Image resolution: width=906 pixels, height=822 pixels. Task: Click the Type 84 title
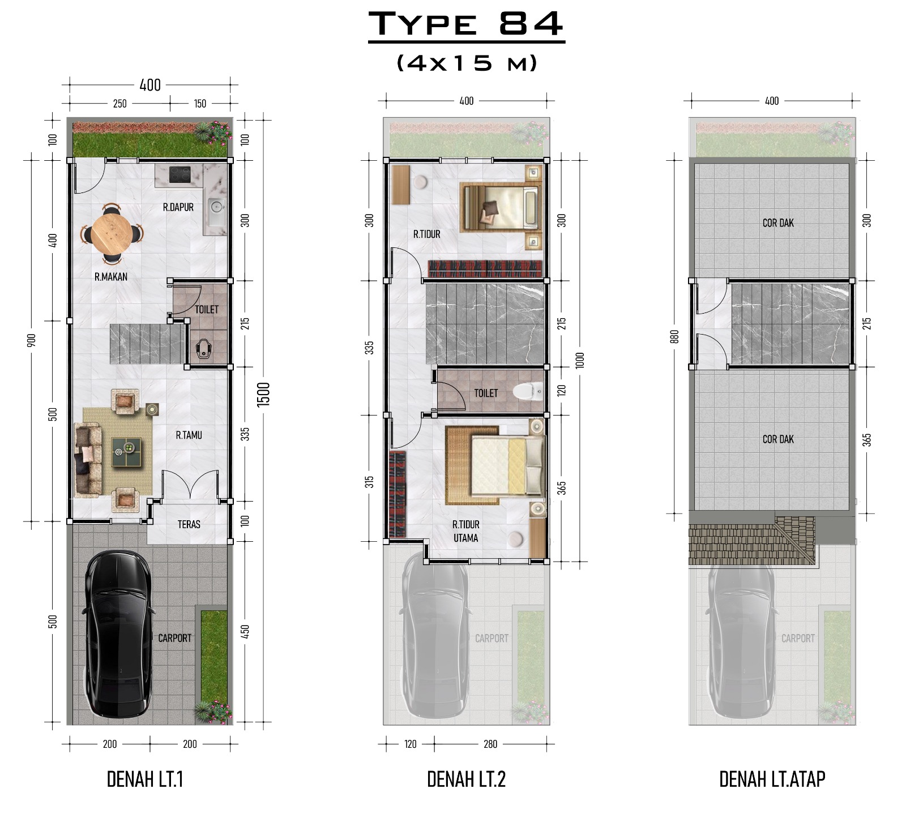466,24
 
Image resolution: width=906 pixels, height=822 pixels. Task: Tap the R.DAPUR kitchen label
178,207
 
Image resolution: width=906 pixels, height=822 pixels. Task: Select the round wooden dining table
112,233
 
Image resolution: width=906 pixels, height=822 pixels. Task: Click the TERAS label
189,524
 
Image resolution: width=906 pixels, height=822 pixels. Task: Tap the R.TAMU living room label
189,435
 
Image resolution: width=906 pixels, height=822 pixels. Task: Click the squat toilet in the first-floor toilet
204,349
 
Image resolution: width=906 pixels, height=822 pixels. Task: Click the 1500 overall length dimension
264,394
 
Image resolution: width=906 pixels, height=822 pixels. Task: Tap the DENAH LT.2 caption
466,779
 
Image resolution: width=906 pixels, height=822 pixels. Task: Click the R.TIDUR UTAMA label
466,531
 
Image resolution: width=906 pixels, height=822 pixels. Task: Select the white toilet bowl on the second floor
527,391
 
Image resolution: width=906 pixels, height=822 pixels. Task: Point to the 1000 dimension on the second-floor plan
579,360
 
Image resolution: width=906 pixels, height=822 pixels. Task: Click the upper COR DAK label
778,222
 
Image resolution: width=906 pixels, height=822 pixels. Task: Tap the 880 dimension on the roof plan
674,337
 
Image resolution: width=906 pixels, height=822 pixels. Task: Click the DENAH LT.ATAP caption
772,779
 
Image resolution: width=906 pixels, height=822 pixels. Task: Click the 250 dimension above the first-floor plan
120,104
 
